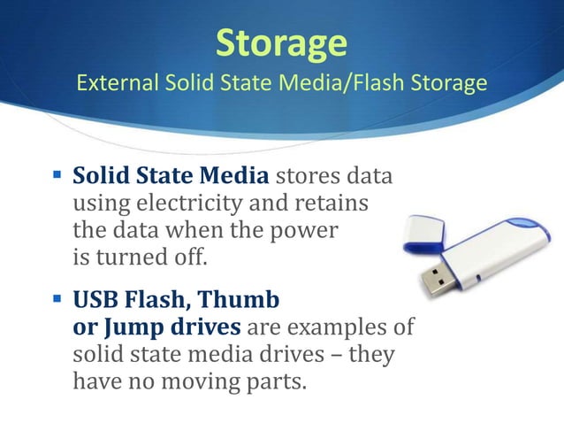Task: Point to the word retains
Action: [331, 204]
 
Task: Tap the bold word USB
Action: [94, 300]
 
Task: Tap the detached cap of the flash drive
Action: [423, 231]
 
